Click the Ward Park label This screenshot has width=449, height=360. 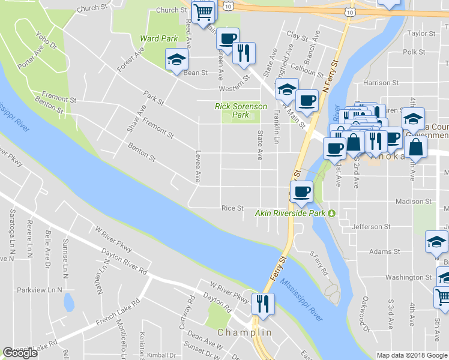(x=159, y=38)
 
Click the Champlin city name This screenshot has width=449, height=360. (x=245, y=332)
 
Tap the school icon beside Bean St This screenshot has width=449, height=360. (x=176, y=60)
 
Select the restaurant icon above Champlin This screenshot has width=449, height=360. (x=263, y=304)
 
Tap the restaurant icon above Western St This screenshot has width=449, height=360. (x=244, y=53)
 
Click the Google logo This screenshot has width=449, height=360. (x=20, y=353)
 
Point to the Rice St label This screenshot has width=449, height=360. (x=232, y=208)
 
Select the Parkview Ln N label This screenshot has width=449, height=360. (x=40, y=289)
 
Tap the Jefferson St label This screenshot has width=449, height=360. (x=371, y=227)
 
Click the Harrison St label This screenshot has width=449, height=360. (x=381, y=83)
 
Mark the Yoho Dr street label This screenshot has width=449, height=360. (x=46, y=40)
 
